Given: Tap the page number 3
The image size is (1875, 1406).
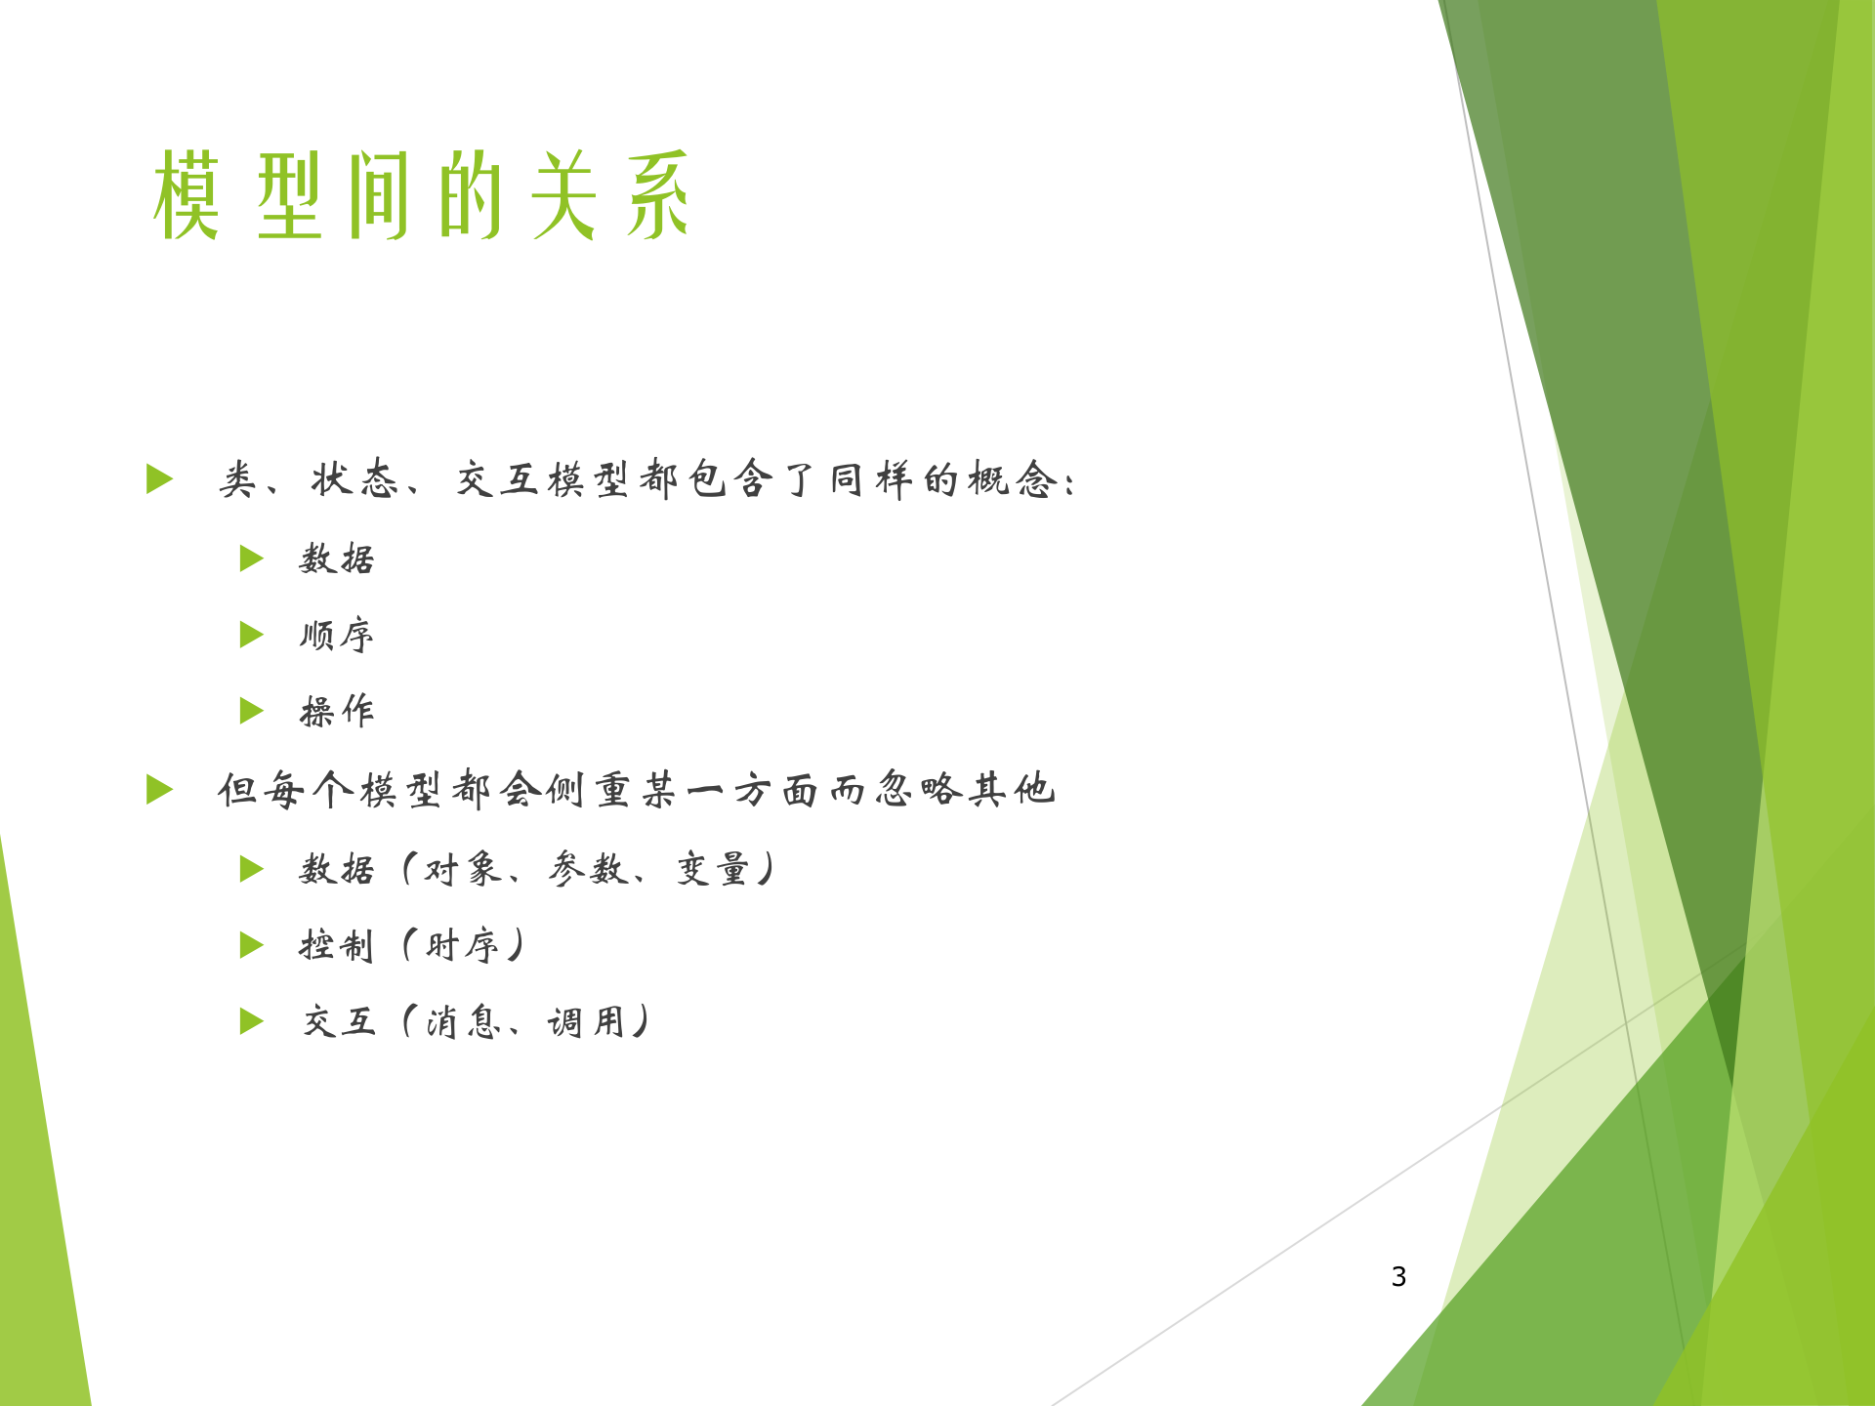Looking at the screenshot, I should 1398,1276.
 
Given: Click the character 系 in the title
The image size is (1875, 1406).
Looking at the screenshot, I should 657,195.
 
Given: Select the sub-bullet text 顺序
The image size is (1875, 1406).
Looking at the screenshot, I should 337,636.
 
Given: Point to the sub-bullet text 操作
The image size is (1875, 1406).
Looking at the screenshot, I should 337,712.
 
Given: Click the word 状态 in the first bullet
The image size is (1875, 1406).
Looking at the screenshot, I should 354,479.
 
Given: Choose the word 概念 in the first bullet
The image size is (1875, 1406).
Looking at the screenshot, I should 1013,479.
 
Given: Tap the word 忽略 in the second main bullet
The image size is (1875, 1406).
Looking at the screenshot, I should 918,789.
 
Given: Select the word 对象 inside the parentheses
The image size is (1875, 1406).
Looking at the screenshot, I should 463,869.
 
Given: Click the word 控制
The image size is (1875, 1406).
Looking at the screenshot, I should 337,945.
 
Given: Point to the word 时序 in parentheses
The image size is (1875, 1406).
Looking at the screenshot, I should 463,945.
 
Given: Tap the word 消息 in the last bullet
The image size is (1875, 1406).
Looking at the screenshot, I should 464,1022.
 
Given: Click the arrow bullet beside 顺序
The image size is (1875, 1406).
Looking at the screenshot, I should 251,636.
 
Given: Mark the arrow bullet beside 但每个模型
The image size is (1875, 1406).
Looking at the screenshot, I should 159,789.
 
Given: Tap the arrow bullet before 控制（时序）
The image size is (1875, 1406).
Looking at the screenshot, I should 251,945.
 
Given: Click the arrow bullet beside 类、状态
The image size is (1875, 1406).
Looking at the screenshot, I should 159,479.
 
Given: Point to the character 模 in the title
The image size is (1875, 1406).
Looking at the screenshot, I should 186,195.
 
